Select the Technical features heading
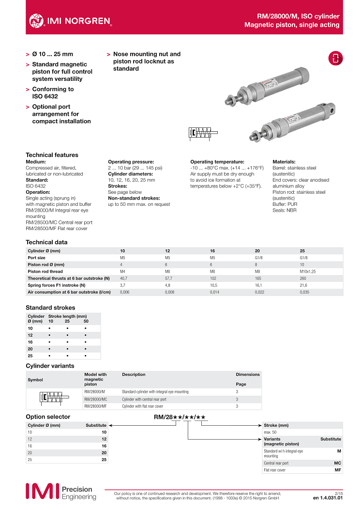(x=52, y=155)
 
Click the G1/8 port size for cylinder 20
(x=259, y=258)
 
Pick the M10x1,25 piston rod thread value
(x=309, y=271)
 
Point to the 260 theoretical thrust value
(x=303, y=278)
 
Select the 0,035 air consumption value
(x=304, y=292)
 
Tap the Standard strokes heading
(x=50, y=308)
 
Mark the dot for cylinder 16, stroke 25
(x=68, y=342)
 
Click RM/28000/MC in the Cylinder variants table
(x=95, y=399)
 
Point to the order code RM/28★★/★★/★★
(x=180, y=417)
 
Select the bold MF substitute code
(x=338, y=470)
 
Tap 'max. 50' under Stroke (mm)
(x=270, y=432)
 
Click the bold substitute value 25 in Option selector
(x=104, y=459)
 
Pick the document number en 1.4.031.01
(x=328, y=497)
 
